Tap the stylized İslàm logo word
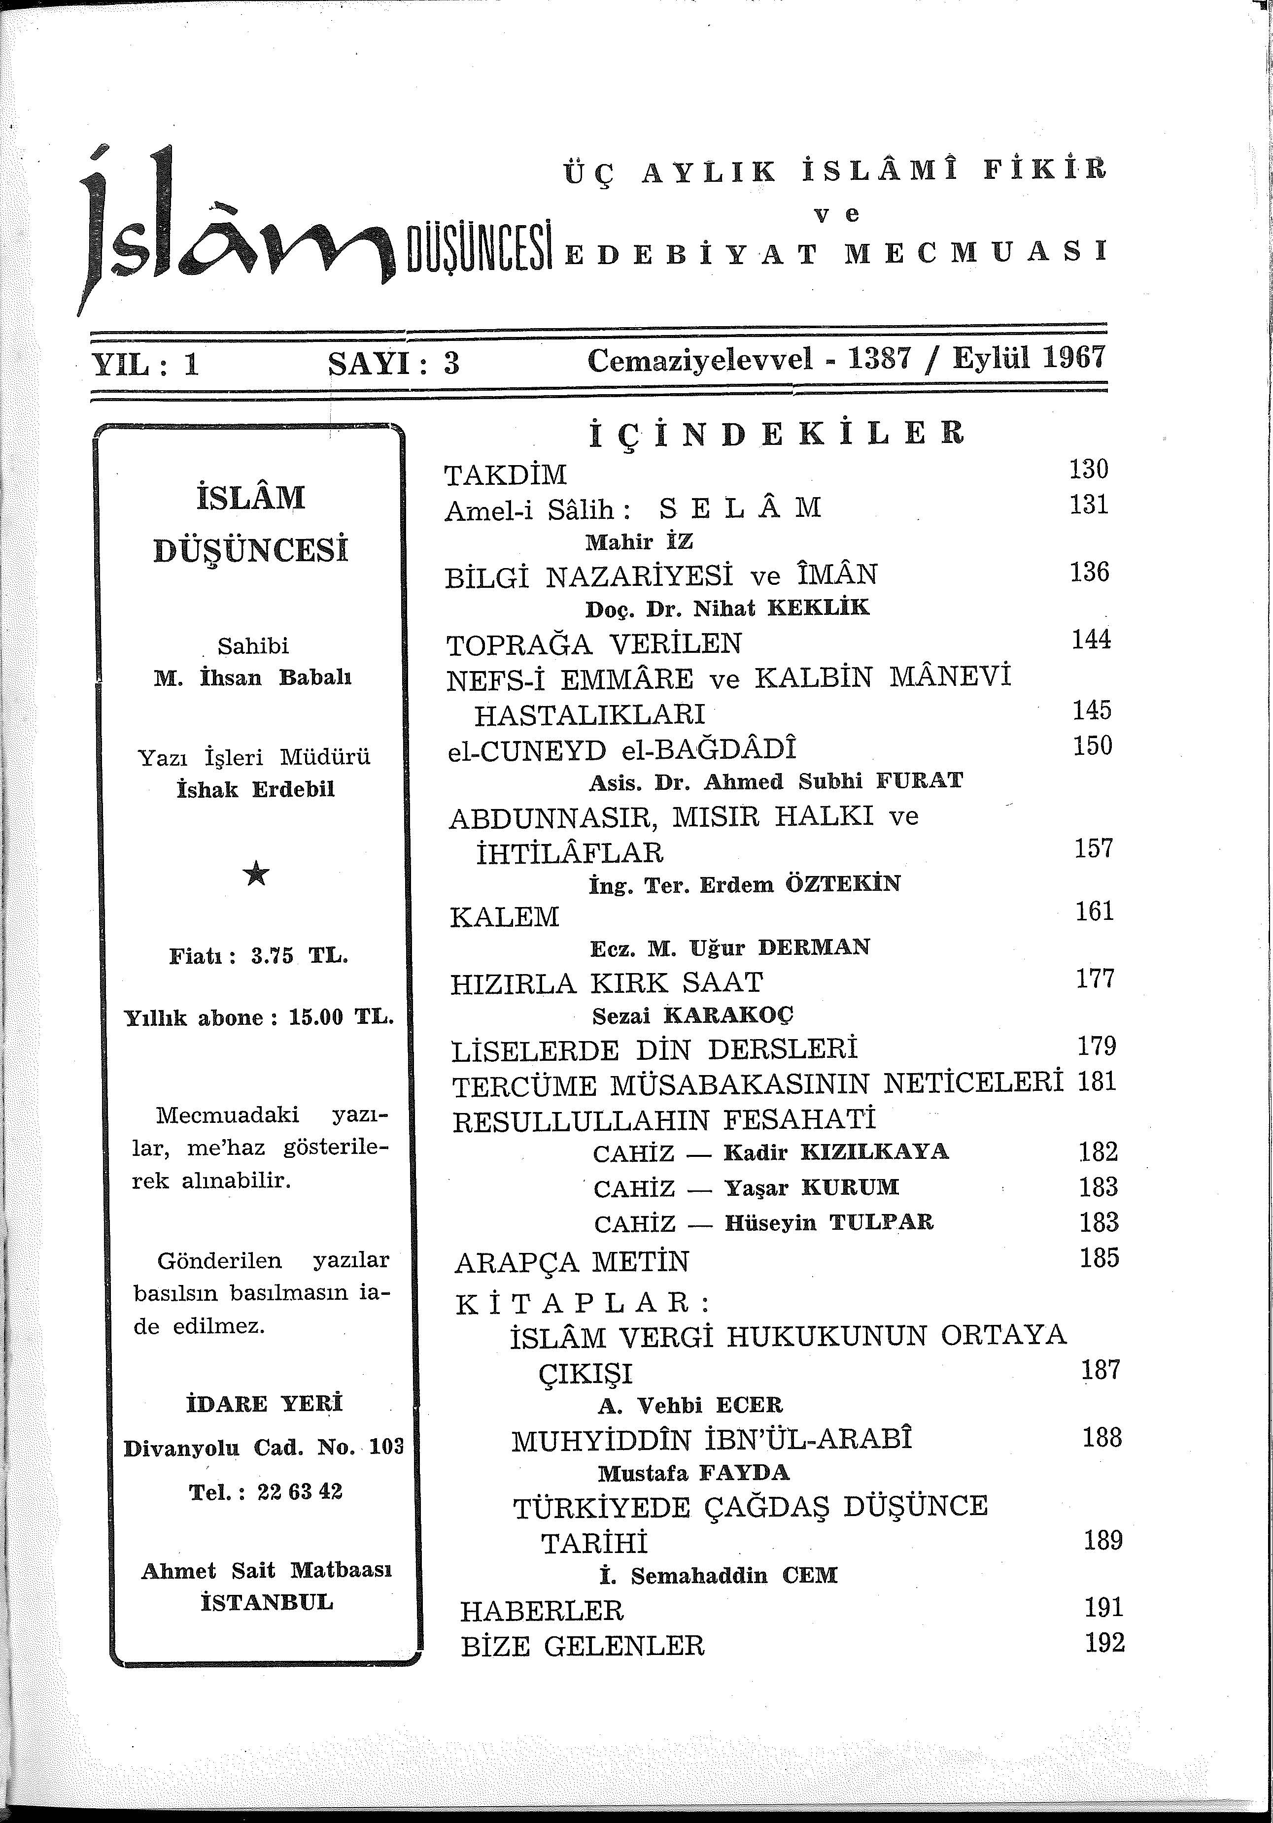pos(238,230)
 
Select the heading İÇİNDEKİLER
pos(776,434)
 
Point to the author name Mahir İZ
pos(639,542)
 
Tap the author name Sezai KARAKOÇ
pos(692,1015)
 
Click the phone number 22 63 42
pos(299,1492)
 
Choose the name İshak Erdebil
pos(256,789)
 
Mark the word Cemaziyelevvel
pos(700,361)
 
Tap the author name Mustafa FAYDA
pos(693,1474)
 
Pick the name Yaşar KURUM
pos(811,1188)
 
